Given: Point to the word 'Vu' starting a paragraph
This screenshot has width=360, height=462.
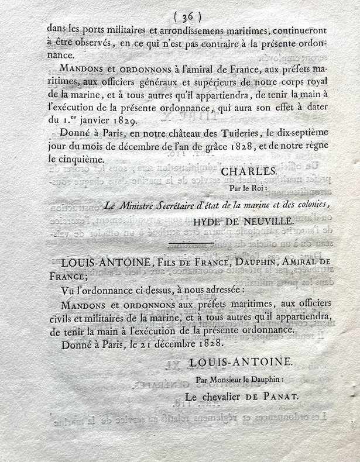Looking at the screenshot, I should click(x=68, y=291).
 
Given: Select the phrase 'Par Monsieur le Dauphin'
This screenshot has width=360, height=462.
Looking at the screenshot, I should click(x=243, y=381).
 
